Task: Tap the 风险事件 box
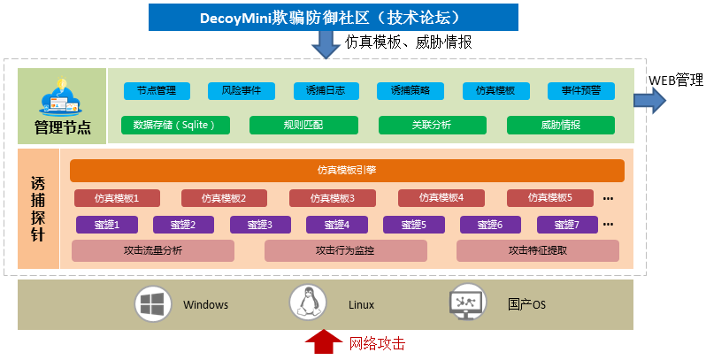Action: click(x=242, y=90)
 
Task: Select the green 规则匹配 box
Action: click(x=303, y=125)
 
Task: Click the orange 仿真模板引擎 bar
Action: click(x=347, y=170)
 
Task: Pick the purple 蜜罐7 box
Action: click(x=569, y=225)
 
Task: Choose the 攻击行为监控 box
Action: click(x=344, y=250)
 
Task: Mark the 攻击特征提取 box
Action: click(x=537, y=250)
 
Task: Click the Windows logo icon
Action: click(x=152, y=304)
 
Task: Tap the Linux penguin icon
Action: click(x=308, y=303)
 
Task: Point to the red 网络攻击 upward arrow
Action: click(x=322, y=341)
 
